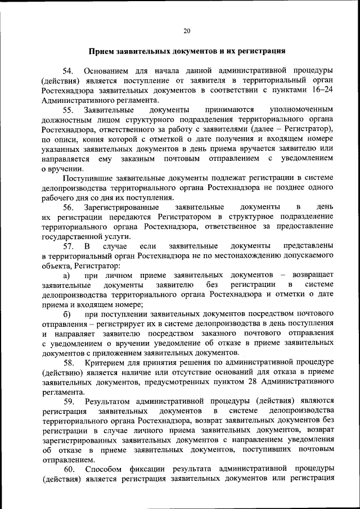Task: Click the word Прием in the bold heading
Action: click(x=101, y=51)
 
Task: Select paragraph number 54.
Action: click(x=68, y=71)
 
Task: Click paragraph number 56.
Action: click(x=68, y=208)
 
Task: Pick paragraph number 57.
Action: click(x=68, y=246)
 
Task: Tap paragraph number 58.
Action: click(x=68, y=363)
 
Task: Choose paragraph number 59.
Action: click(x=68, y=402)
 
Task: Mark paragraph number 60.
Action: click(x=68, y=469)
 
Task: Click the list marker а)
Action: click(x=66, y=276)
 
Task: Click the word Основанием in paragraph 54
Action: click(x=106, y=71)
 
